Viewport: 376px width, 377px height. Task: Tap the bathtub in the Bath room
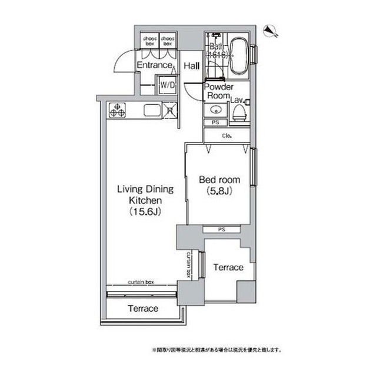click(239, 57)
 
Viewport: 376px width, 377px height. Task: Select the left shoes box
click(149, 41)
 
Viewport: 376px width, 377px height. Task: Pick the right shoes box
click(167, 41)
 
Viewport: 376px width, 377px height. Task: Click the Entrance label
click(154, 65)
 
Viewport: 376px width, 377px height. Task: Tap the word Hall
click(191, 66)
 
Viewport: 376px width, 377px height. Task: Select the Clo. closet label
click(227, 135)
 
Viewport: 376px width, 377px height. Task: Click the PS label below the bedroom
click(221, 229)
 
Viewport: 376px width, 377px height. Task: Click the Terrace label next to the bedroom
click(228, 267)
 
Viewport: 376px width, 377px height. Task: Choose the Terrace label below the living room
click(143, 309)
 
